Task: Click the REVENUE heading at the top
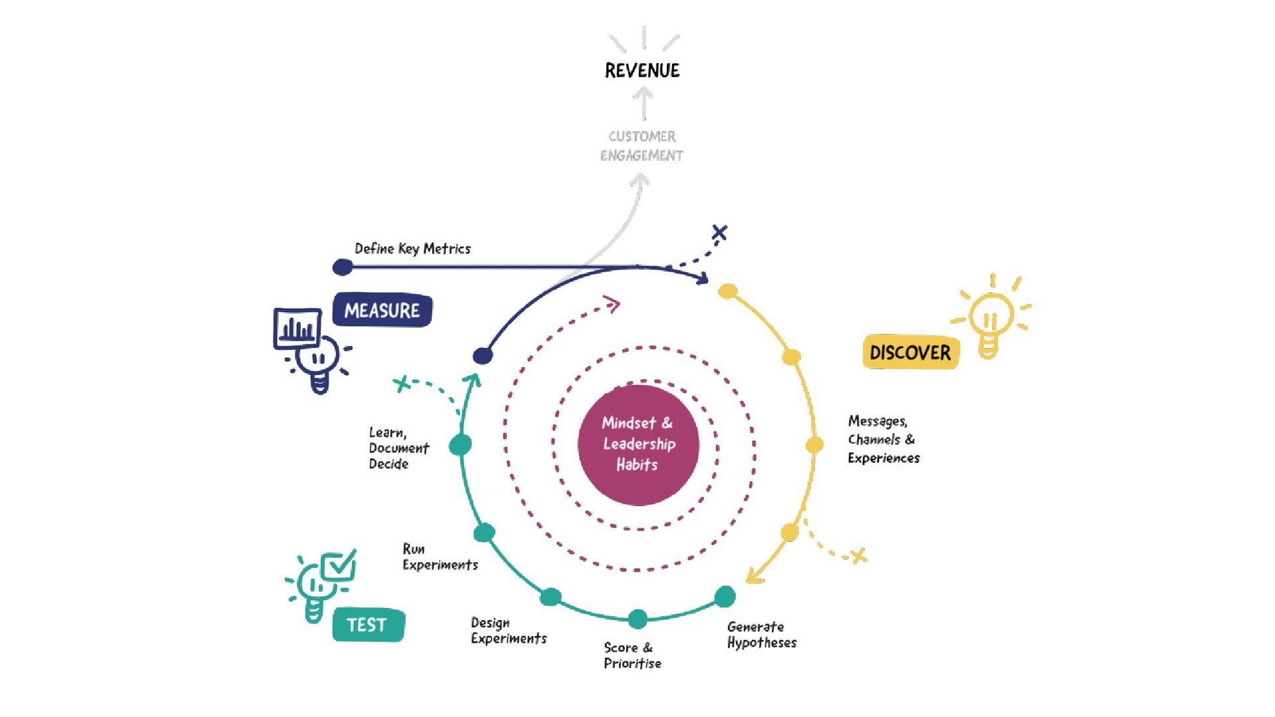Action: click(x=642, y=70)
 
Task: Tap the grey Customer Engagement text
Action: click(x=642, y=146)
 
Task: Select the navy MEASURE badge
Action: click(x=382, y=310)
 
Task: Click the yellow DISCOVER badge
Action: click(x=910, y=352)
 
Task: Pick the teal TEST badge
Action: click(x=368, y=625)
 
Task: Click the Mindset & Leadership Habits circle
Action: click(x=638, y=444)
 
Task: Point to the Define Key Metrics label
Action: click(x=412, y=249)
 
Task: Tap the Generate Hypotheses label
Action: click(x=762, y=635)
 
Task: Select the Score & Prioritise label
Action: click(x=632, y=655)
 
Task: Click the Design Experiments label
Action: click(x=509, y=631)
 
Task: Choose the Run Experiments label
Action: click(x=440, y=557)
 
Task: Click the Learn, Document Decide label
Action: click(x=398, y=448)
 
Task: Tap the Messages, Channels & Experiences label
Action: click(x=883, y=439)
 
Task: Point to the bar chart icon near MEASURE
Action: click(x=297, y=328)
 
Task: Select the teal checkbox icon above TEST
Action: click(x=339, y=566)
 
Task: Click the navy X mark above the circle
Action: click(x=719, y=232)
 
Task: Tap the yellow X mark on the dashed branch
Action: click(x=859, y=555)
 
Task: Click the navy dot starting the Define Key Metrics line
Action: click(x=343, y=267)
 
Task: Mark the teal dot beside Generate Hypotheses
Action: click(x=724, y=596)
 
